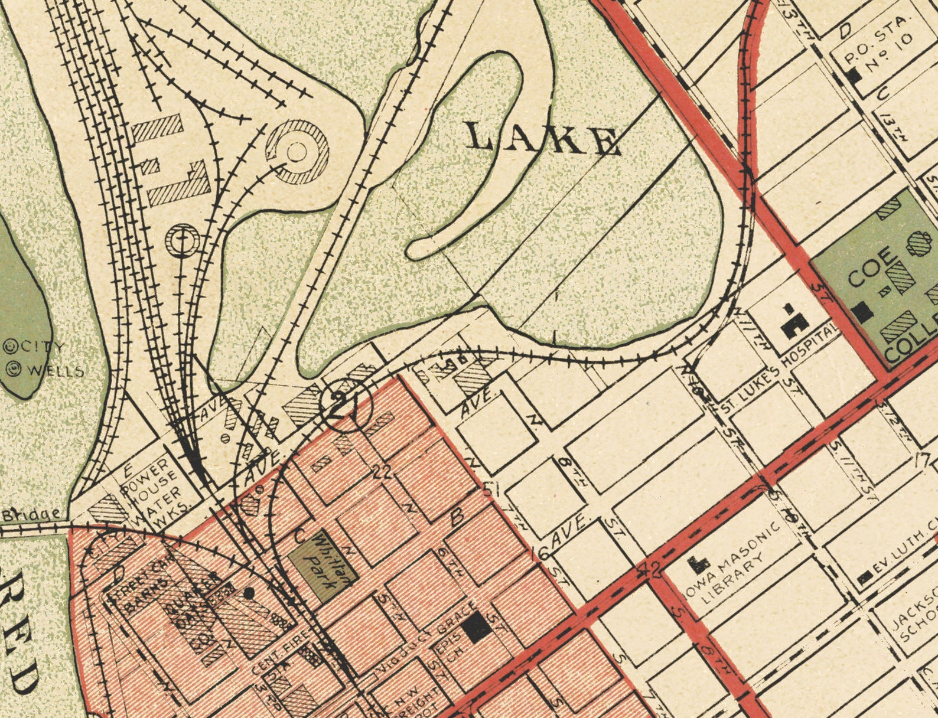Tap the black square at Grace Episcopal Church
click(x=476, y=626)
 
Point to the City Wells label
click(x=43, y=359)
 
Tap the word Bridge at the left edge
click(x=31, y=515)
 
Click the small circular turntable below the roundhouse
click(x=183, y=240)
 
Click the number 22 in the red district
click(x=383, y=471)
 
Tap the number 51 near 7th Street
click(x=488, y=489)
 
